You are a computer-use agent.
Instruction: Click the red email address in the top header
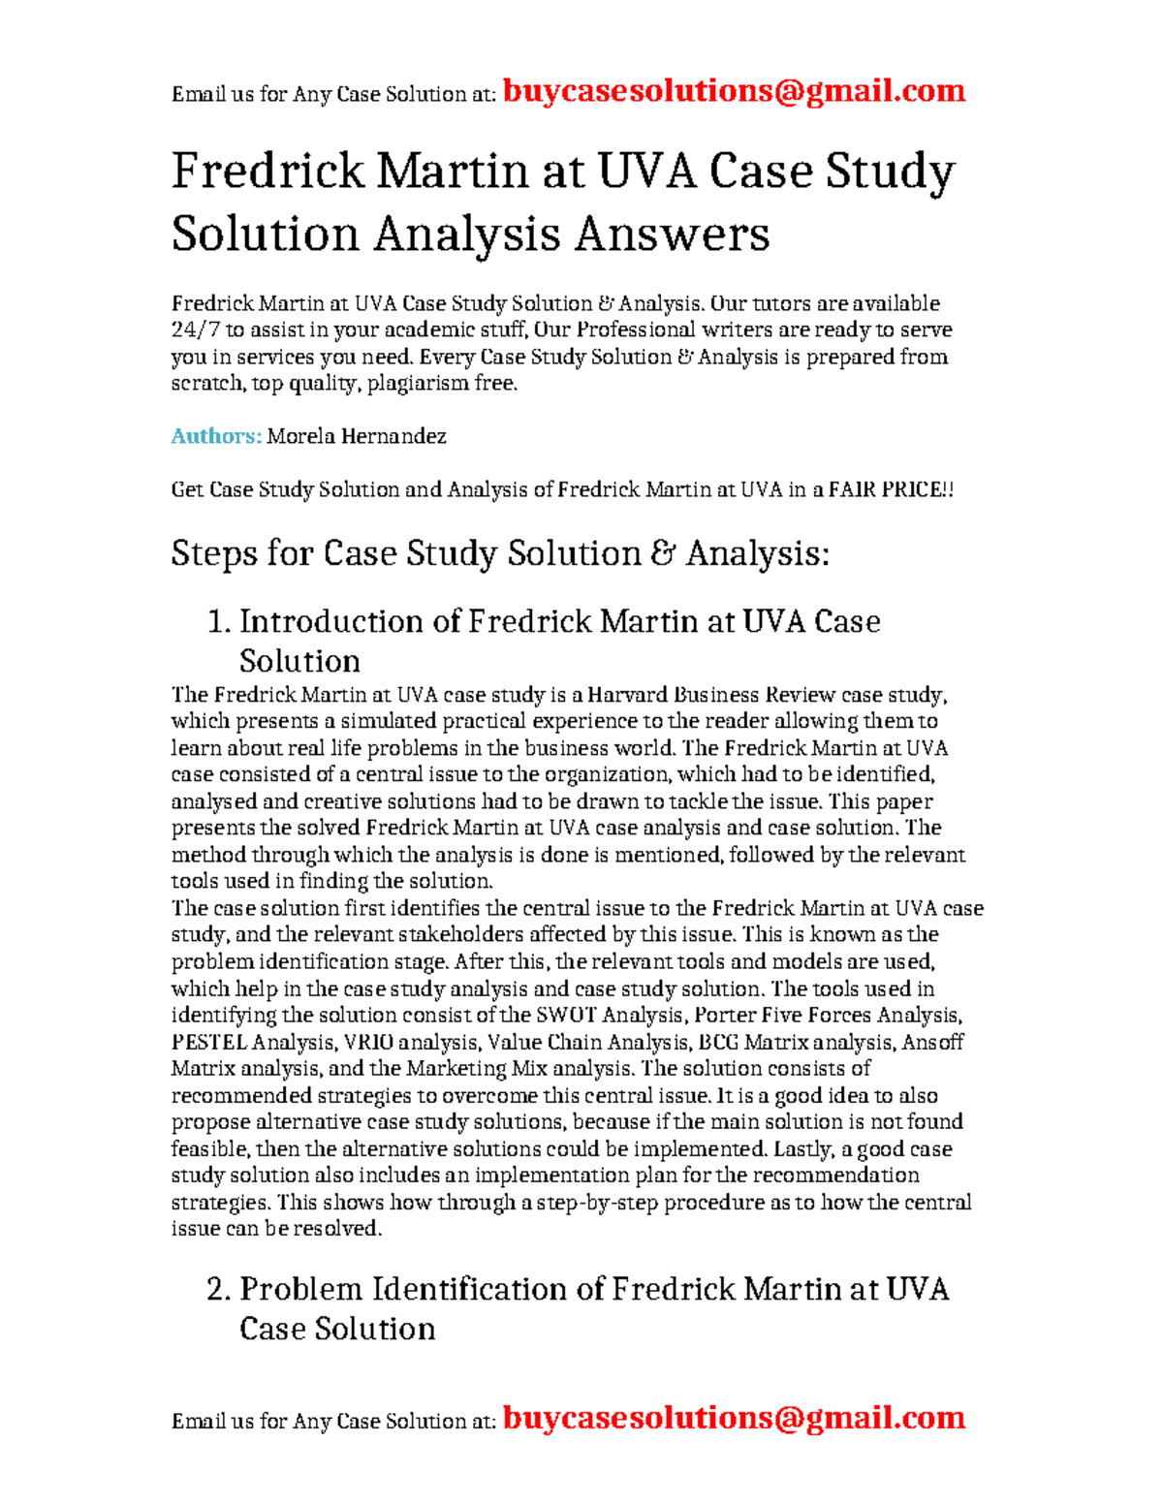pos(735,91)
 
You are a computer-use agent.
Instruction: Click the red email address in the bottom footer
pos(735,1418)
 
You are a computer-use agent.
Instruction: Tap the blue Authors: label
pos(216,436)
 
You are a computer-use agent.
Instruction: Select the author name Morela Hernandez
pos(357,436)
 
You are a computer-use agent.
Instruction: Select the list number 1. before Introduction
pos(218,621)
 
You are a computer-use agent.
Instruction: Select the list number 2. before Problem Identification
pos(218,1289)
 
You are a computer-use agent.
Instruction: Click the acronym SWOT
pos(566,1016)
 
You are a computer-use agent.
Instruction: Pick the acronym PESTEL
pos(208,1043)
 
